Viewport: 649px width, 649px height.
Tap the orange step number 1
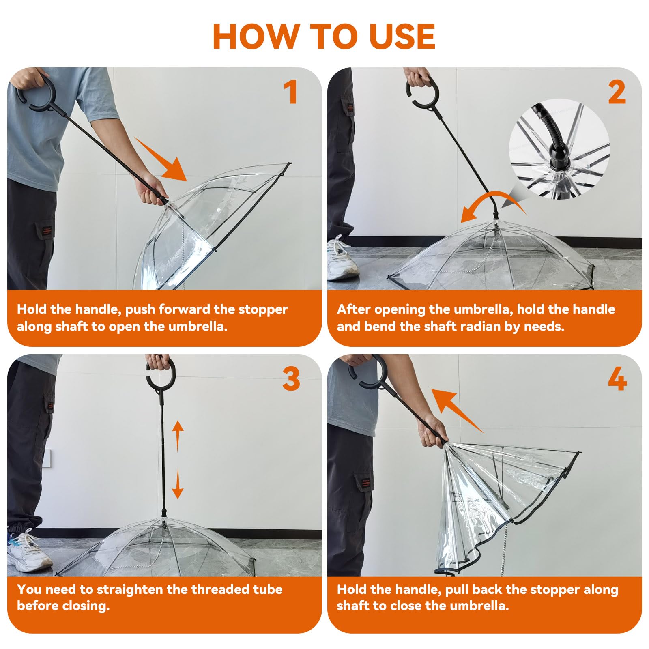pos(290,92)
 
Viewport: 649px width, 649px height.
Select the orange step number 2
pos(617,93)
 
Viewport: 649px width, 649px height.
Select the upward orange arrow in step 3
pos(178,436)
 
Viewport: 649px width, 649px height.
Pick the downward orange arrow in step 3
pos(178,483)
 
